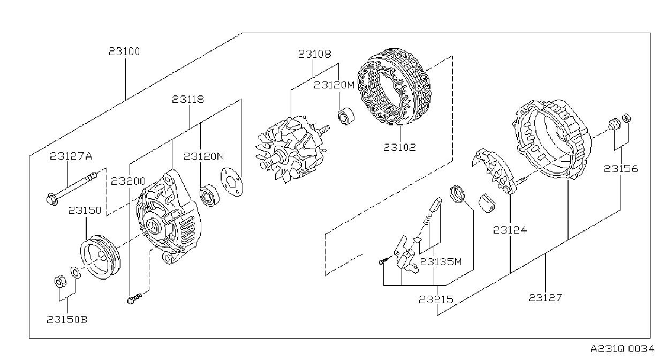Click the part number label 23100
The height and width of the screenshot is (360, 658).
124,52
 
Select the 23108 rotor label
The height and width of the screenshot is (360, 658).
315,54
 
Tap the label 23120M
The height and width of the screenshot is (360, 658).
334,85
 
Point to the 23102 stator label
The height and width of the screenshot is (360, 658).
400,147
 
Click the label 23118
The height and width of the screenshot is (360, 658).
188,99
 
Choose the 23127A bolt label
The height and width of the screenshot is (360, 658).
71,156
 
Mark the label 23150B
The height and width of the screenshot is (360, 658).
67,320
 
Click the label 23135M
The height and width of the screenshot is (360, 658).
441,261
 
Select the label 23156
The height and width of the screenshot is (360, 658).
621,169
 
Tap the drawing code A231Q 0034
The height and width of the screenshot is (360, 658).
623,349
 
